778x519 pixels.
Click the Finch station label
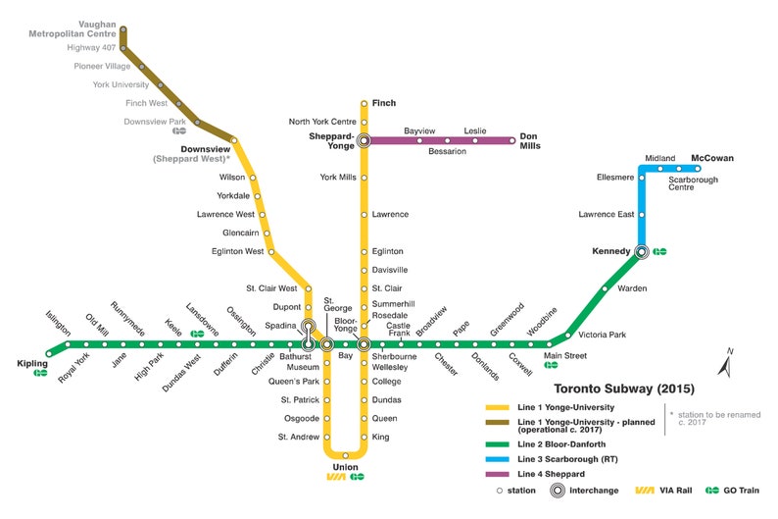[x=385, y=103]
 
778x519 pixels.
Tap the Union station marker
[x=345, y=455]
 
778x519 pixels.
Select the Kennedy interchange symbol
[x=641, y=251]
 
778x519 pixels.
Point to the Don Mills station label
[x=529, y=141]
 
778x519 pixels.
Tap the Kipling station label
[x=32, y=364]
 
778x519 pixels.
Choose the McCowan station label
[x=711, y=158]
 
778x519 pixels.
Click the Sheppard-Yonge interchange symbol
[x=364, y=140]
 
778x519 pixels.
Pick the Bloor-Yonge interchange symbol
[x=364, y=344]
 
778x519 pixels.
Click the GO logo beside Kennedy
[x=660, y=251]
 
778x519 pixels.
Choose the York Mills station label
[x=337, y=178]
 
